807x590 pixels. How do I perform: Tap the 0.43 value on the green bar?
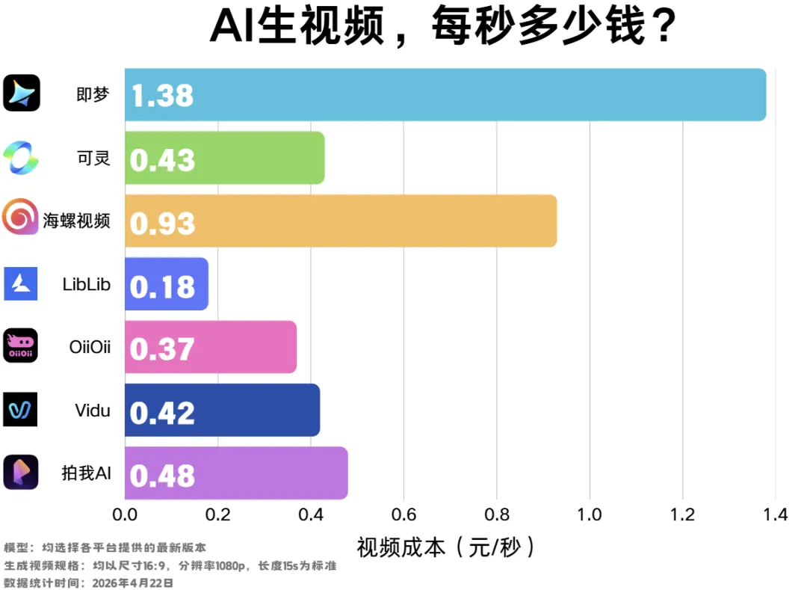pyautogui.click(x=162, y=159)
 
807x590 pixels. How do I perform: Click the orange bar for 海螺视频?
pyautogui.click(x=374, y=221)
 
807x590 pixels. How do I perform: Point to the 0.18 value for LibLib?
pyautogui.click(x=162, y=286)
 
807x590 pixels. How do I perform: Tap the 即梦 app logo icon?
pyautogui.click(x=21, y=93)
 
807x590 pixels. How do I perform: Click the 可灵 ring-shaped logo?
pyautogui.click(x=21, y=157)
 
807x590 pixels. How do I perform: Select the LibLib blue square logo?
pyautogui.click(x=21, y=283)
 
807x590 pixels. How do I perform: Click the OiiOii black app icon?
pyautogui.click(x=21, y=345)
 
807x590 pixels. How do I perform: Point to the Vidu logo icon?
pyautogui.click(x=21, y=409)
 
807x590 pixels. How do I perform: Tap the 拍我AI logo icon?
pyautogui.click(x=21, y=472)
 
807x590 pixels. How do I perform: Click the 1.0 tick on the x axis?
pyautogui.click(x=590, y=515)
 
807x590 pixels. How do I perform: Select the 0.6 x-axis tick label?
pyautogui.click(x=403, y=515)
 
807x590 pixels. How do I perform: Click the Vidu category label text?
pyautogui.click(x=93, y=411)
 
